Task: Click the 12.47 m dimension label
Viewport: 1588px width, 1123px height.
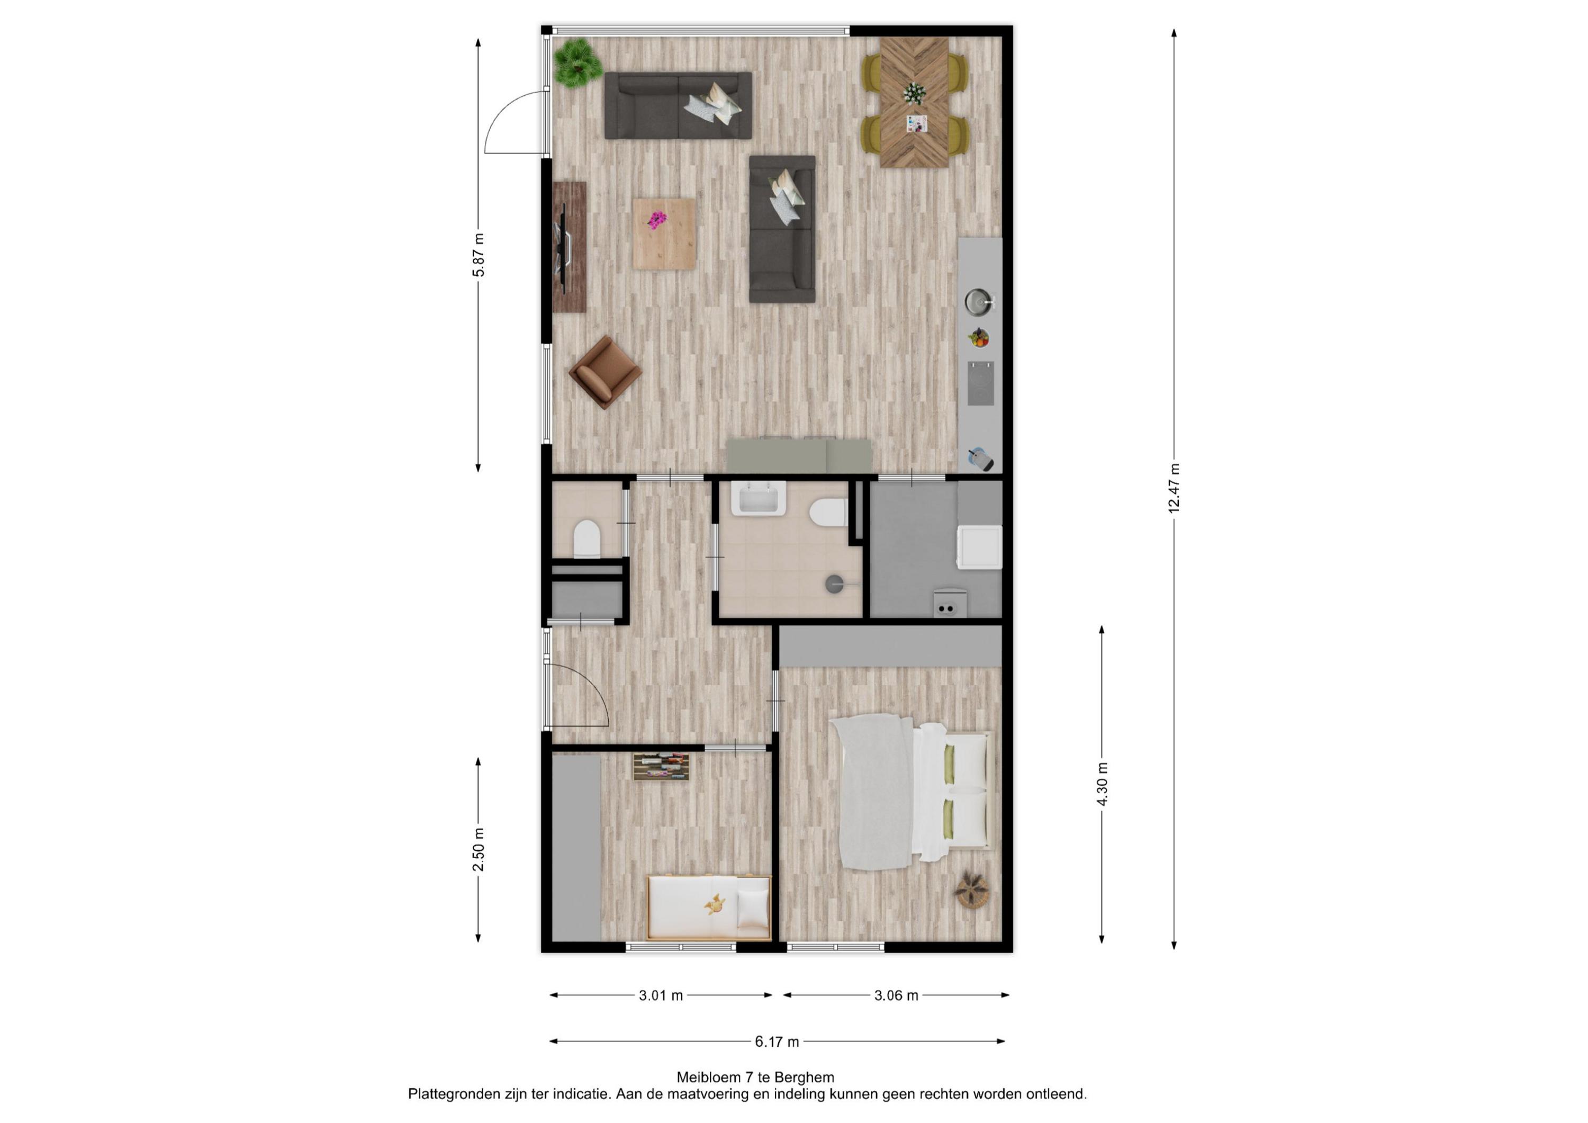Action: coord(1174,489)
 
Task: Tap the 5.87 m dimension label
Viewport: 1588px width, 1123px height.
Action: coord(478,255)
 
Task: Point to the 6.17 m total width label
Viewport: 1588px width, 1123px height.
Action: coord(777,1041)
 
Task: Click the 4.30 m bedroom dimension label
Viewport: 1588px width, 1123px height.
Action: coord(1102,784)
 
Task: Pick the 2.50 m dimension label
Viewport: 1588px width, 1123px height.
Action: coord(478,850)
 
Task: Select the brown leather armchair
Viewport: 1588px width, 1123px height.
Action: coord(605,372)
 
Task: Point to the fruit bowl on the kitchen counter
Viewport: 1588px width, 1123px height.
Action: coord(978,338)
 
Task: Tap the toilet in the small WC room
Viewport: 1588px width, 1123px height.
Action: coord(587,539)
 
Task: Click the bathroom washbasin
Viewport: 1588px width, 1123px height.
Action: coord(758,498)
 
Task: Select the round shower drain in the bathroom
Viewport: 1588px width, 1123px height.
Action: coord(835,585)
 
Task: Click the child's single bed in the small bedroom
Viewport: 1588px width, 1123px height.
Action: coord(709,907)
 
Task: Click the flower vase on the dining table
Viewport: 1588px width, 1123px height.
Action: coord(914,93)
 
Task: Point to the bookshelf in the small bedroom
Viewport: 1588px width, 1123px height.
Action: coord(662,767)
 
